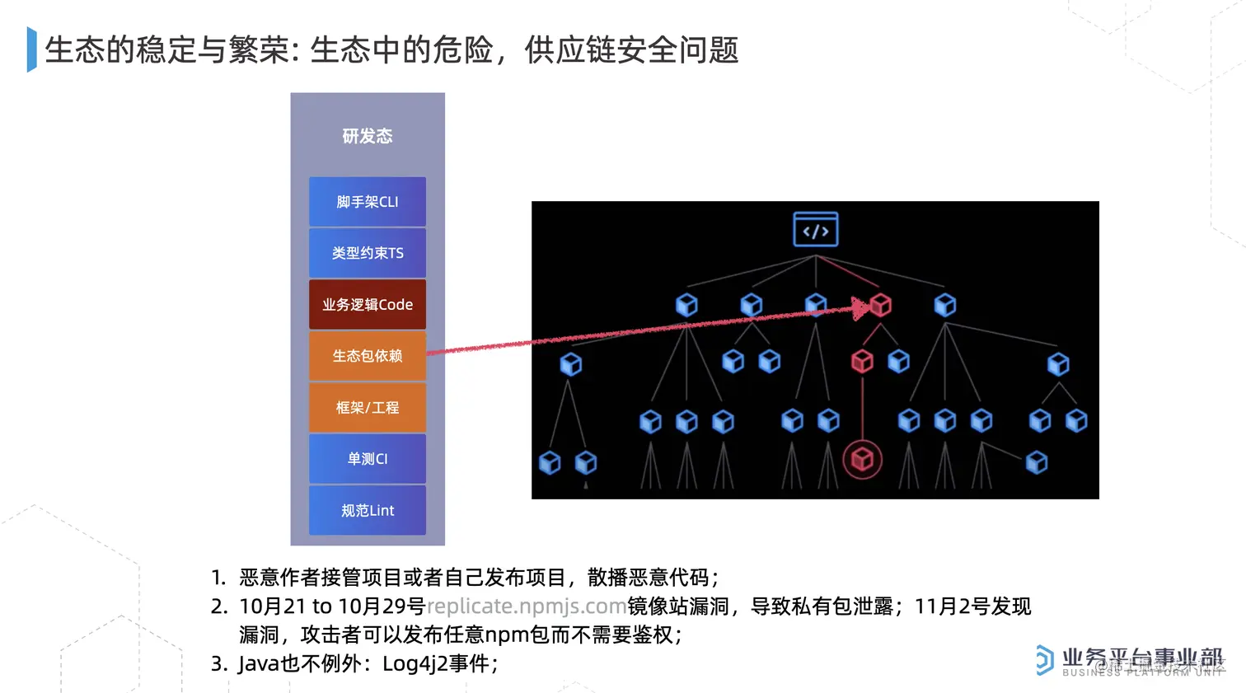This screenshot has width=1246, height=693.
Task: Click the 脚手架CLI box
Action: click(x=368, y=202)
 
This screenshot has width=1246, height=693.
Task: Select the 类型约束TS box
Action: click(x=368, y=253)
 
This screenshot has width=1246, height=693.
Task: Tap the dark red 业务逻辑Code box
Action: click(x=368, y=305)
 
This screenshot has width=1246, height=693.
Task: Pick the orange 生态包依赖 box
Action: click(x=368, y=356)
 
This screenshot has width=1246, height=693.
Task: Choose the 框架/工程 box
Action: click(x=368, y=407)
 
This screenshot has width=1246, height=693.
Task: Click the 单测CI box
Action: click(x=368, y=459)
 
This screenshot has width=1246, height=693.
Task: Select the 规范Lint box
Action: click(x=368, y=510)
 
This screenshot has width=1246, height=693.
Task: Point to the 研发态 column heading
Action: click(x=368, y=136)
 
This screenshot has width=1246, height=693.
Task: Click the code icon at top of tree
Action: click(x=816, y=230)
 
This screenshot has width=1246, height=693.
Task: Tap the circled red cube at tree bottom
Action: click(x=862, y=459)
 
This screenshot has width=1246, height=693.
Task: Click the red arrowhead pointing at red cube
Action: click(x=860, y=309)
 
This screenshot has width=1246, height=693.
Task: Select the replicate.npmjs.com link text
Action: click(x=527, y=606)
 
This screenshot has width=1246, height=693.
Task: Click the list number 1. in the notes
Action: click(x=218, y=578)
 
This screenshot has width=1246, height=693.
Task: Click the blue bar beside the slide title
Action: click(x=32, y=49)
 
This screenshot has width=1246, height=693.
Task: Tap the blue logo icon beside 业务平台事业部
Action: click(x=1044, y=660)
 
